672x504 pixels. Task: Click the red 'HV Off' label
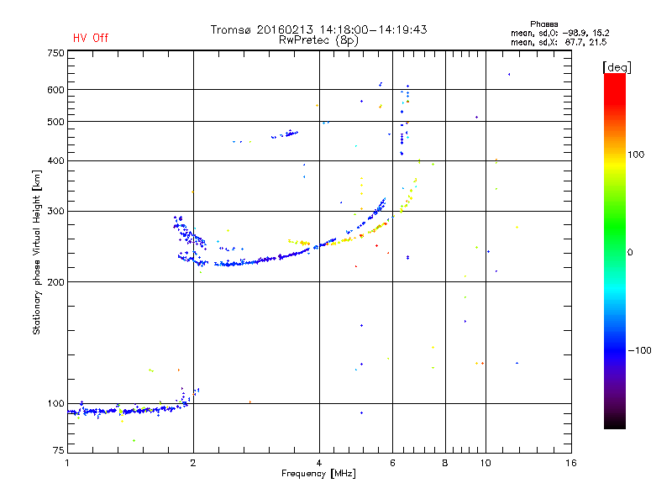pos(90,38)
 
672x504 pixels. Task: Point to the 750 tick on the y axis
pos(55,53)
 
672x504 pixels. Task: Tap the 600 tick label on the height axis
pos(55,90)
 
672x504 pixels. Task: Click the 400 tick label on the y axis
pos(55,161)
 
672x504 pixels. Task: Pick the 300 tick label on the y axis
pos(55,212)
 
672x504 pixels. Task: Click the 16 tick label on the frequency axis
pos(570,463)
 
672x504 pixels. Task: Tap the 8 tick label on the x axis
pos(445,463)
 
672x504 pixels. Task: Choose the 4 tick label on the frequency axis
pos(319,463)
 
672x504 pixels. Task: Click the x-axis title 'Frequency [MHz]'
pos(318,474)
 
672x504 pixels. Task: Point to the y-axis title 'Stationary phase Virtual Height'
pos(37,252)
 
